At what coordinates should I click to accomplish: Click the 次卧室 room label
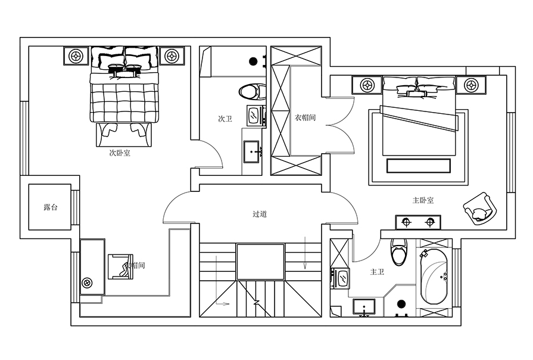click(x=120, y=153)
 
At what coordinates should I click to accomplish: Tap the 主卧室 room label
click(x=423, y=200)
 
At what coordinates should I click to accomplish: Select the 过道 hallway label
click(x=259, y=214)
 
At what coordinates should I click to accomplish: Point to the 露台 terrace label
click(x=51, y=208)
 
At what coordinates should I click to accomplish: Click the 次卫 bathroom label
click(x=225, y=119)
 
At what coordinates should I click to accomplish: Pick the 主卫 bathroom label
click(x=377, y=272)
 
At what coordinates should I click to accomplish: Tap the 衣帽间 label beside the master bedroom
click(x=305, y=118)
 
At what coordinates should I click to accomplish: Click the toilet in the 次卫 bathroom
click(x=253, y=92)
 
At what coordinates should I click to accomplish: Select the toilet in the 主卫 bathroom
click(x=399, y=252)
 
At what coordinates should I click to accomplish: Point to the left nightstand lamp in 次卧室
click(x=76, y=57)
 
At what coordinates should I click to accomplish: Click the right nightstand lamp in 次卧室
click(x=172, y=57)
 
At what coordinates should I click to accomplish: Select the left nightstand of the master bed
click(x=366, y=85)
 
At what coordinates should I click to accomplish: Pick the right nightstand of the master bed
click(x=471, y=85)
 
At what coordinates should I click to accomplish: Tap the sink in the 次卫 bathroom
click(x=252, y=151)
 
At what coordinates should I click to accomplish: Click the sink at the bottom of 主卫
click(x=364, y=307)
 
